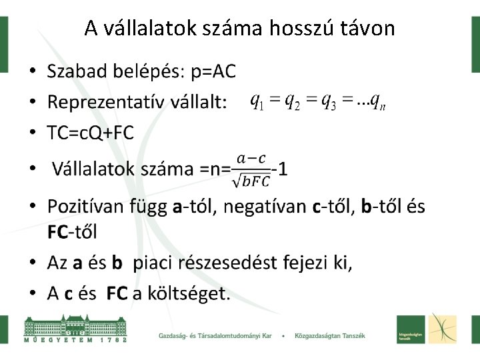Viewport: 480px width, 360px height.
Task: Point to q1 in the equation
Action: click(257, 101)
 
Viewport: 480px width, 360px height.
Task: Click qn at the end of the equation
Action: click(378, 101)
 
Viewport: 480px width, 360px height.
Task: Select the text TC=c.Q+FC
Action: click(90, 133)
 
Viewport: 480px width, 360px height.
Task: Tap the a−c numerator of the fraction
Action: click(251, 159)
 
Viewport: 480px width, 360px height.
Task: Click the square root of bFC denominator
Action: click(251, 180)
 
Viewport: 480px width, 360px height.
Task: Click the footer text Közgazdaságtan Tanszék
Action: click(329, 335)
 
